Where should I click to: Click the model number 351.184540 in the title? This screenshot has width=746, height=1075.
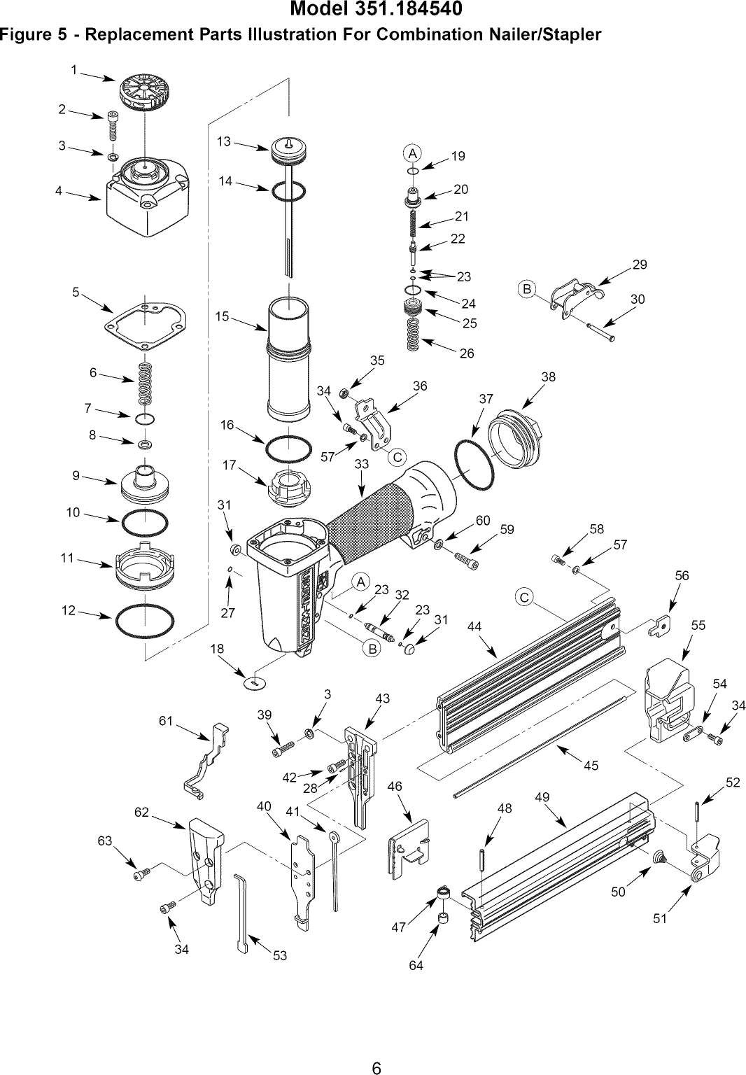tap(409, 11)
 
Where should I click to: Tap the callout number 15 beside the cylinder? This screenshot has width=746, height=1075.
tap(223, 316)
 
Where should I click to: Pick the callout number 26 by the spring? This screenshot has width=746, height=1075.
tap(467, 353)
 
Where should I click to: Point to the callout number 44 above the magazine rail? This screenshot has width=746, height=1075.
tap(474, 627)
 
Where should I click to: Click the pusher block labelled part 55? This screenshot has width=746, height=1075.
tap(668, 700)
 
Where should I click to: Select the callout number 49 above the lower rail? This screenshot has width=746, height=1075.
tap(542, 797)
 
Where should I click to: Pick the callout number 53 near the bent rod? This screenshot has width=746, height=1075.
tap(280, 955)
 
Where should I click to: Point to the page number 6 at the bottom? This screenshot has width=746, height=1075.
tap(376, 1048)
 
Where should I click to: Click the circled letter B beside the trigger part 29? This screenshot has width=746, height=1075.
tap(526, 288)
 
